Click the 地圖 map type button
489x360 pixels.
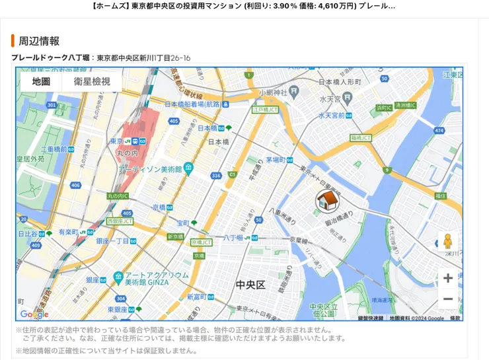point(41,81)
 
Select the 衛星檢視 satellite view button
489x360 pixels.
point(92,81)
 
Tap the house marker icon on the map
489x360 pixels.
point(327,200)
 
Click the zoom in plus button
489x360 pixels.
point(447,278)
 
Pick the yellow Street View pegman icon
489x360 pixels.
point(447,242)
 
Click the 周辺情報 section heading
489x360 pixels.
point(39,41)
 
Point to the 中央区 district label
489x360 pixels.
point(250,285)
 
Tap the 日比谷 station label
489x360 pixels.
point(28,234)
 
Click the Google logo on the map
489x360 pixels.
point(34,314)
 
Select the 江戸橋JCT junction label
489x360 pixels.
point(266,110)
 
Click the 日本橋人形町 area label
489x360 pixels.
point(340,82)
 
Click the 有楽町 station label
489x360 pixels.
point(68,232)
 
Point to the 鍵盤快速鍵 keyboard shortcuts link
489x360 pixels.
point(370,318)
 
